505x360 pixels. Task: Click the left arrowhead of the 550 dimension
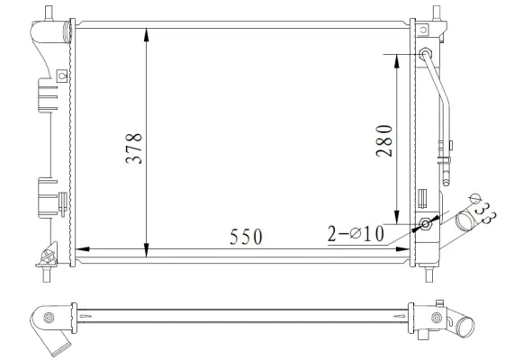[82, 247]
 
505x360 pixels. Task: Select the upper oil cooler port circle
[425, 54]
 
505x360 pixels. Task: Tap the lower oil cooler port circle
[425, 224]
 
